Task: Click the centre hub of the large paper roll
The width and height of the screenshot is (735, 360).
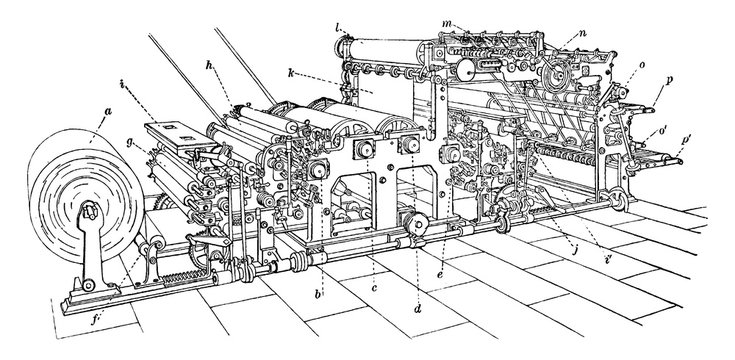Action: (87, 213)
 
